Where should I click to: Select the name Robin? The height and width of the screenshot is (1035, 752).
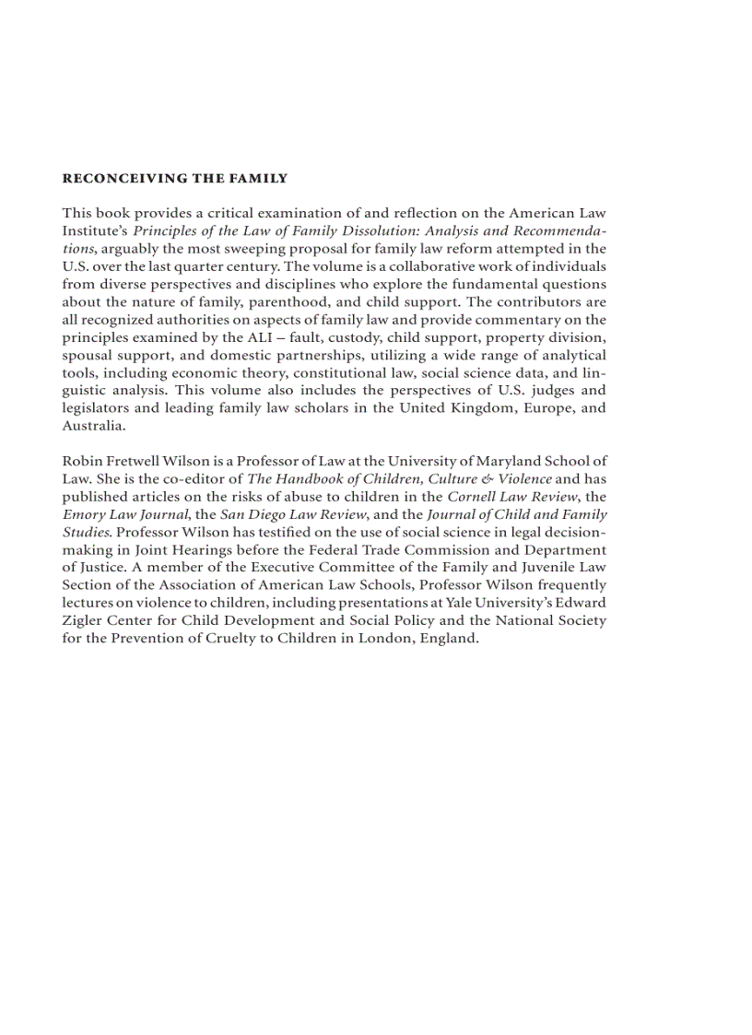(x=81, y=462)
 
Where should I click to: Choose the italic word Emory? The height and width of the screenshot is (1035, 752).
(x=83, y=514)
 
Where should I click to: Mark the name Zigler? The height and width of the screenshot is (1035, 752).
(x=82, y=620)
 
